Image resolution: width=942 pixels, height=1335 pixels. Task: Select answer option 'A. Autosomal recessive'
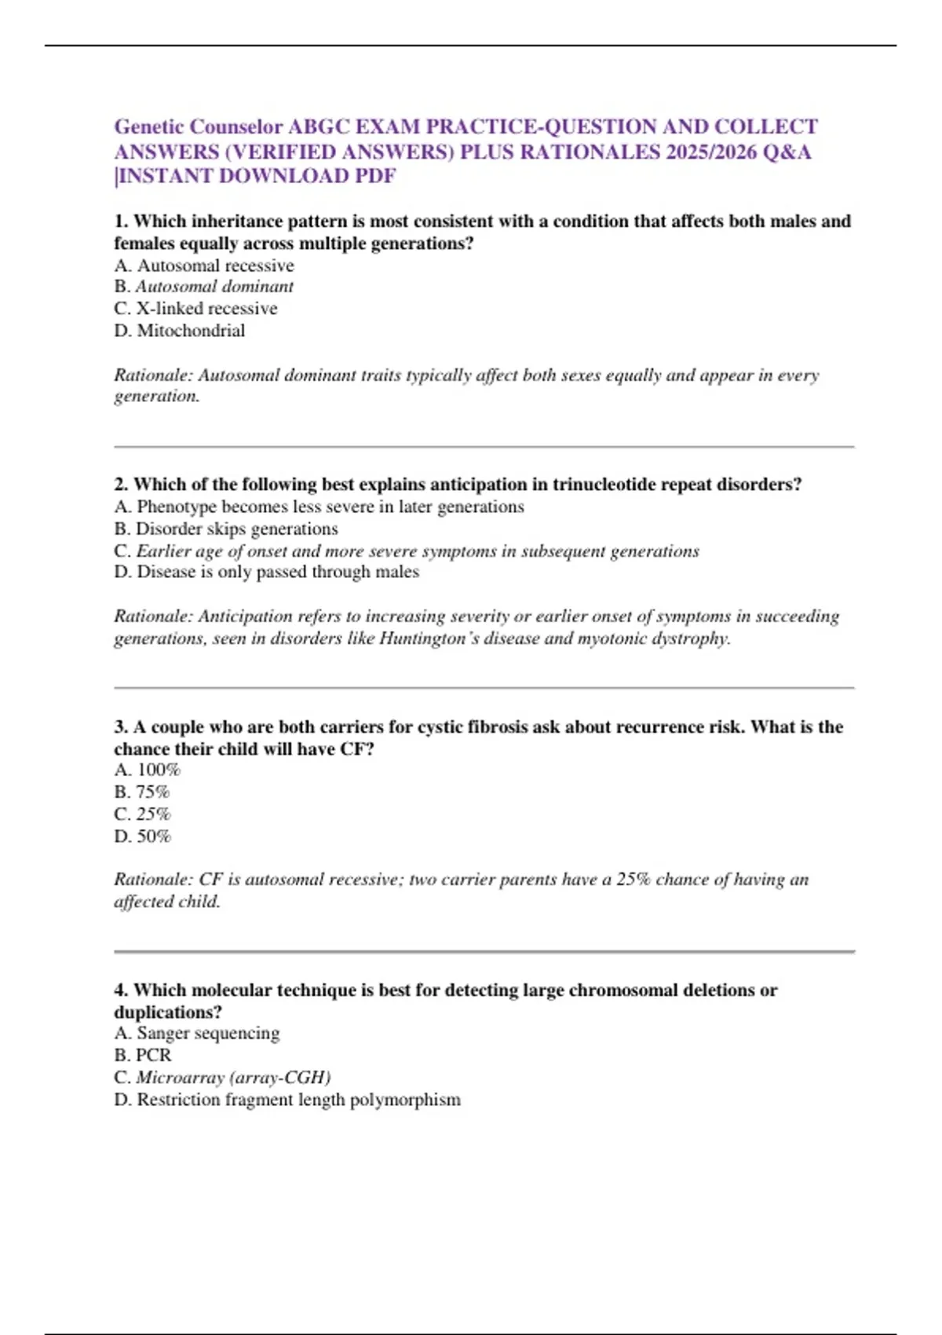click(x=204, y=265)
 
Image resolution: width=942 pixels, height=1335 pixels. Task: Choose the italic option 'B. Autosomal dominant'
click(x=204, y=287)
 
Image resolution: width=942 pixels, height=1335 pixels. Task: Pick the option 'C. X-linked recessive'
click(x=195, y=309)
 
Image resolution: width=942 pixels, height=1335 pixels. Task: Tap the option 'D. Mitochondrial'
click(x=180, y=331)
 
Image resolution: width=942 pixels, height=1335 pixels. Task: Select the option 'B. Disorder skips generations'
click(x=226, y=529)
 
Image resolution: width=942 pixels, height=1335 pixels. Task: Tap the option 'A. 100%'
click(x=148, y=770)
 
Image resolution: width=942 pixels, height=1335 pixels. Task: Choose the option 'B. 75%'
click(x=142, y=792)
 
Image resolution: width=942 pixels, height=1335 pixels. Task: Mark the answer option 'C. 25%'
click(x=142, y=814)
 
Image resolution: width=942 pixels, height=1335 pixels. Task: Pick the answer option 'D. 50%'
click(x=143, y=836)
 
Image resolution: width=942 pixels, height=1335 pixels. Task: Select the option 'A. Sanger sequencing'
click(x=197, y=1033)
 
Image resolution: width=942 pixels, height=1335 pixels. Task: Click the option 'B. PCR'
click(x=143, y=1055)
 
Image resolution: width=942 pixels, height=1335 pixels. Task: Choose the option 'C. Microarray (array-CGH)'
click(x=223, y=1077)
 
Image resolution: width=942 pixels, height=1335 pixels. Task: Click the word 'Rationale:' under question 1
click(x=153, y=375)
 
